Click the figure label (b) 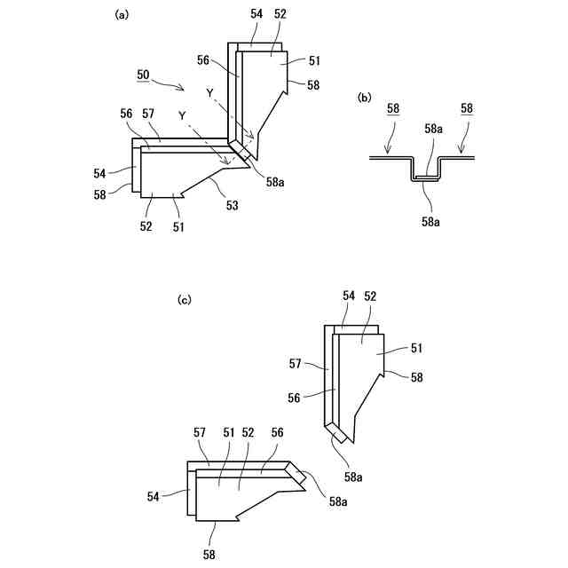[x=364, y=98]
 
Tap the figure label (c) [x=185, y=300]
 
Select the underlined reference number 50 [x=143, y=75]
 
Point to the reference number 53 [x=232, y=206]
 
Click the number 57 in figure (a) [x=148, y=114]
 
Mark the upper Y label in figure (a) [x=209, y=93]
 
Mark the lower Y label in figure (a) [x=182, y=115]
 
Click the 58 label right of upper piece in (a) [x=313, y=84]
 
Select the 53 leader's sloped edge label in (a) [x=232, y=206]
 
